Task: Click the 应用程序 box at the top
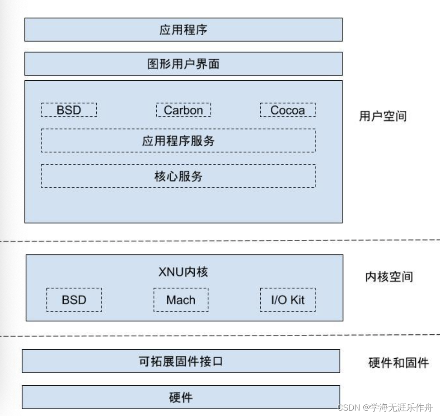click(183, 30)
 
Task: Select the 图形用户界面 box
click(183, 64)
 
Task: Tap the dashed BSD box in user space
click(69, 110)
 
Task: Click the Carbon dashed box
click(183, 110)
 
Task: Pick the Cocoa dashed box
click(287, 110)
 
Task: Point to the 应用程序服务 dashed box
click(178, 140)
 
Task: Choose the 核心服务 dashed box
click(178, 176)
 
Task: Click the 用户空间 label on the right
click(383, 116)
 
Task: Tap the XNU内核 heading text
click(183, 272)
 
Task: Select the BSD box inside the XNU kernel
click(74, 300)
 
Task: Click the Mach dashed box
click(181, 300)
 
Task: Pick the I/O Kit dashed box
click(287, 300)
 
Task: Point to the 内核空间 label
click(389, 277)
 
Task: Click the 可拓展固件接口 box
click(181, 361)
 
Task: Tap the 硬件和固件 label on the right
click(398, 362)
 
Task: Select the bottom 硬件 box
click(181, 397)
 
